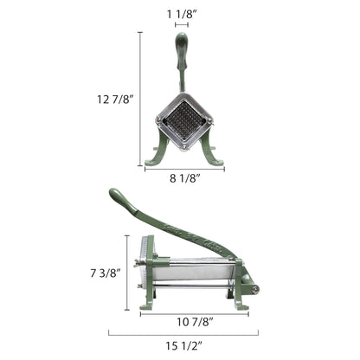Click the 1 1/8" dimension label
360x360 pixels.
click(x=182, y=14)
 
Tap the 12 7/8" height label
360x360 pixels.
click(x=115, y=100)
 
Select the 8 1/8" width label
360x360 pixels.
click(x=184, y=178)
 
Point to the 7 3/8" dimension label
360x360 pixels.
click(x=105, y=273)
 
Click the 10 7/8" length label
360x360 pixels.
click(x=195, y=322)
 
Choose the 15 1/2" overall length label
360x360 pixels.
click(x=183, y=345)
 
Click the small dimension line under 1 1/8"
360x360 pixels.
click(x=182, y=25)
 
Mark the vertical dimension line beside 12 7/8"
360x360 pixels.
click(x=140, y=99)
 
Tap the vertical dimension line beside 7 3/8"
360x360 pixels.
click(x=127, y=273)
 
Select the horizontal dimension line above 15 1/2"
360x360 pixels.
click(x=183, y=335)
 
